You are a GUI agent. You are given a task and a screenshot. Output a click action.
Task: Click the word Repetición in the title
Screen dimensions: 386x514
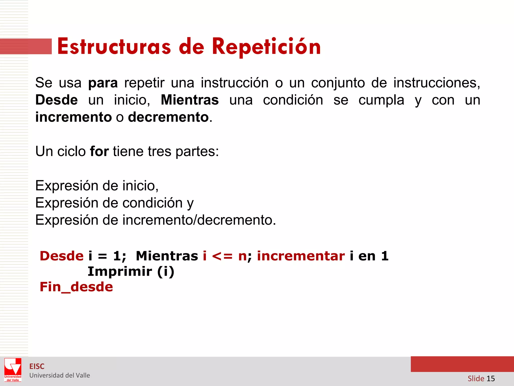point(266,47)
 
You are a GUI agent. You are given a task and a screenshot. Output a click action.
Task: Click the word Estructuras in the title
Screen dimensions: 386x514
point(114,47)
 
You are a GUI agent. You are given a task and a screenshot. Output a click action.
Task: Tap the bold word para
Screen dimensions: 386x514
point(103,83)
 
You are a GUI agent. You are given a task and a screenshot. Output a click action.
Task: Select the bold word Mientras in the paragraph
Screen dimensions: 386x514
point(190,100)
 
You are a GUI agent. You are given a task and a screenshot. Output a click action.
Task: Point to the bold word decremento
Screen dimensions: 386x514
point(168,117)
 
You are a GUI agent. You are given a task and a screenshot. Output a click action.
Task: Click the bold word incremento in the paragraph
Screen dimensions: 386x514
point(73,117)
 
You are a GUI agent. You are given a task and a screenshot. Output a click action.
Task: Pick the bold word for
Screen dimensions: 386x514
point(99,152)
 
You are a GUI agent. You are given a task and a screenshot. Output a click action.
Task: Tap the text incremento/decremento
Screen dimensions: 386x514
point(197,220)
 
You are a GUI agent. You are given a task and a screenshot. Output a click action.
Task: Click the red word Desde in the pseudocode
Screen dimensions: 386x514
point(62,256)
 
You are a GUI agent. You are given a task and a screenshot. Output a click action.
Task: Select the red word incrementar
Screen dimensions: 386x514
point(301,256)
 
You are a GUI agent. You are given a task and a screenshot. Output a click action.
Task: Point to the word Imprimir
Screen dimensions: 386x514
point(120,272)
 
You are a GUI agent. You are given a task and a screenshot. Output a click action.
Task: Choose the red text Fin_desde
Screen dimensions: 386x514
point(76,287)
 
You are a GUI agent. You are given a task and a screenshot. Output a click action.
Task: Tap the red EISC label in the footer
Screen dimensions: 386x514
point(37,366)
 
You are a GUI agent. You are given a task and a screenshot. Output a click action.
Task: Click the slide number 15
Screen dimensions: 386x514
point(490,378)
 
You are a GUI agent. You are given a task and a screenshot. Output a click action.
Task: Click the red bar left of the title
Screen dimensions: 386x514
point(26,46)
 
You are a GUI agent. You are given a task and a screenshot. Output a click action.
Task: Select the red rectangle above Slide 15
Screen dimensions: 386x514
point(462,364)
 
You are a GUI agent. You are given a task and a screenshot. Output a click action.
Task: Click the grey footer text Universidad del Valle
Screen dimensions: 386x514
point(59,375)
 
